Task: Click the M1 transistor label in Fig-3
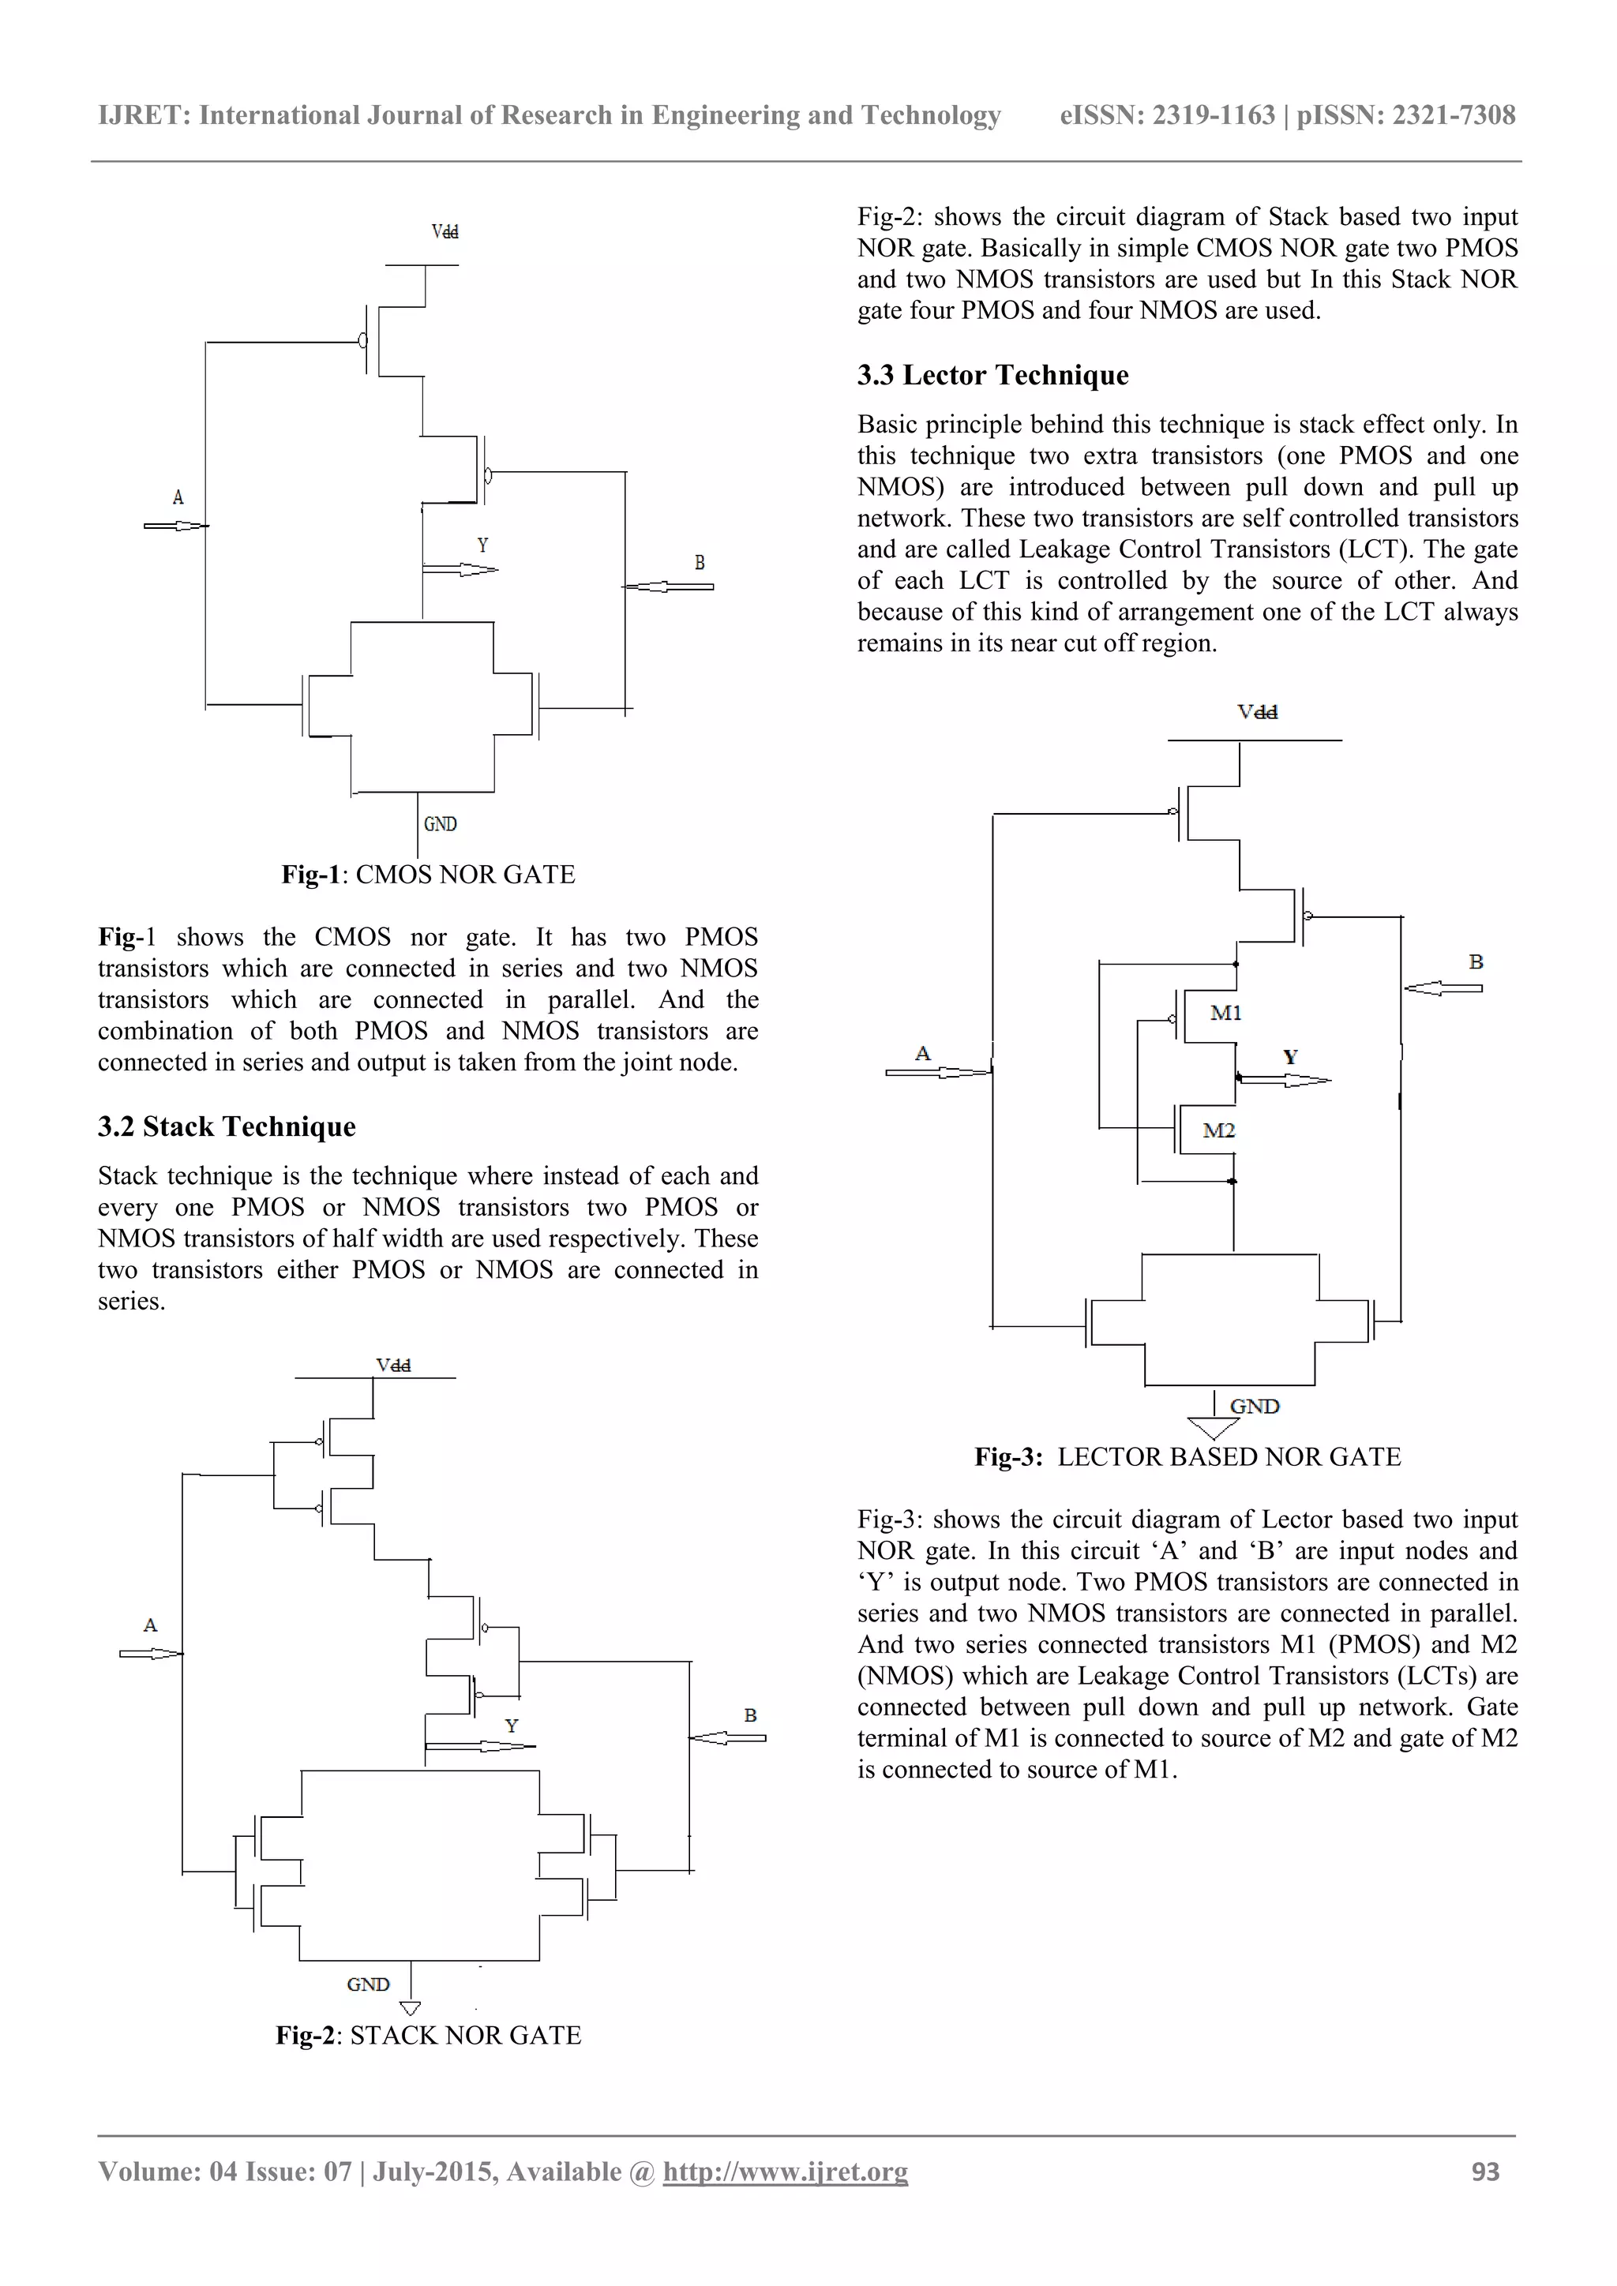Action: click(x=1225, y=1013)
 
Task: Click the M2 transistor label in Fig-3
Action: click(x=1219, y=1130)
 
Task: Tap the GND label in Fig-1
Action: click(x=440, y=824)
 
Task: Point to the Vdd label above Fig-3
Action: click(x=1258, y=712)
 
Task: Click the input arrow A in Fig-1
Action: click(x=175, y=526)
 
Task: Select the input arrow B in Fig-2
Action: click(x=728, y=1737)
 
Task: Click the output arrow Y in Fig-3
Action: click(x=1285, y=1079)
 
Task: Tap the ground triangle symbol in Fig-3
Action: click(x=1214, y=1429)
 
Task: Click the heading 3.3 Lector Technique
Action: click(x=992, y=376)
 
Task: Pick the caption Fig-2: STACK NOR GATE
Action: click(x=428, y=2035)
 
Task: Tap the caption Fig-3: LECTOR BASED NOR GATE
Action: click(x=1187, y=1456)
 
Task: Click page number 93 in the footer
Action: click(x=1484, y=2172)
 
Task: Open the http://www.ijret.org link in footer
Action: click(x=785, y=2172)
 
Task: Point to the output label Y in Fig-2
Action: click(x=512, y=1726)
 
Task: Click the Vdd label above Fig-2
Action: click(x=393, y=1365)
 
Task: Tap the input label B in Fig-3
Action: click(x=1476, y=961)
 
